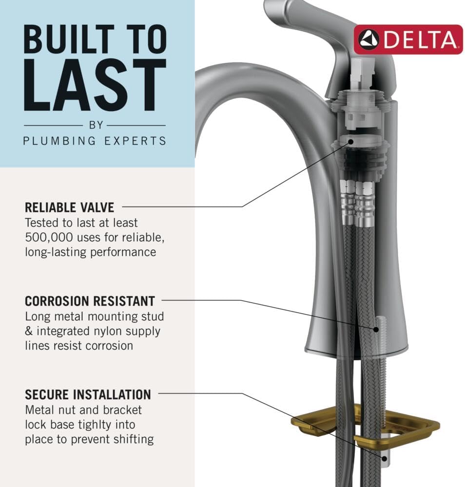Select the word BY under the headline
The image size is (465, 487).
point(96,125)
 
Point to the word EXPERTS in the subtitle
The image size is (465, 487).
point(136,141)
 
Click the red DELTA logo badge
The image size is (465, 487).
point(408,39)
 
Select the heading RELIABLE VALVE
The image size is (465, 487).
point(70,207)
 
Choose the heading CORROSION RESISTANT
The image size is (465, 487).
point(90,300)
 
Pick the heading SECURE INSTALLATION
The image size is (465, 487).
point(88,394)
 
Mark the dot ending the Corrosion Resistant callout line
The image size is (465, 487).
point(377,329)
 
